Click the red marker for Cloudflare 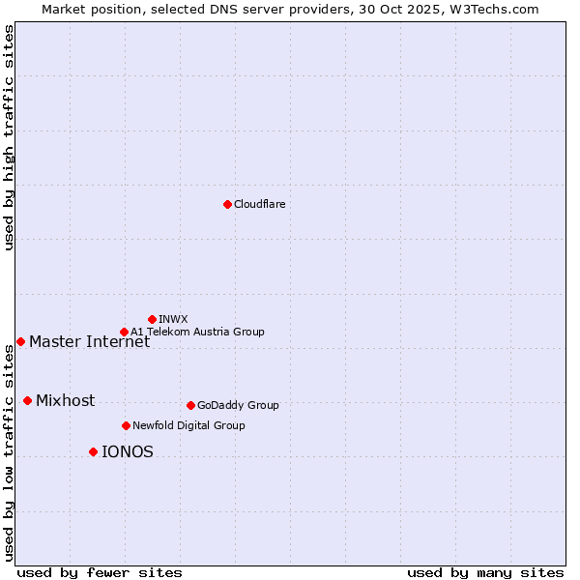[227, 204]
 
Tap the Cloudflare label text [259, 204]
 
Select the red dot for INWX [152, 319]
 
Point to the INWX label [173, 319]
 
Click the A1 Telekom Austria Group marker [124, 332]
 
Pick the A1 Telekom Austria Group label [197, 332]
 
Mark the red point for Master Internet [20, 341]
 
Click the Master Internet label [89, 341]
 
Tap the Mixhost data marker [27, 400]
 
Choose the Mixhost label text [65, 400]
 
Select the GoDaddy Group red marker [190, 405]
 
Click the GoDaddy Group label [238, 405]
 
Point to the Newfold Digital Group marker [126, 425]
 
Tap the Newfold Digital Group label [188, 425]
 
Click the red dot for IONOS [93, 451]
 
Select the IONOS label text [127, 451]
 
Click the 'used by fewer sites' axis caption [100, 572]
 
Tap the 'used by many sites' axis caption [484, 572]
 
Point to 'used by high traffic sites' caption [10, 136]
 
